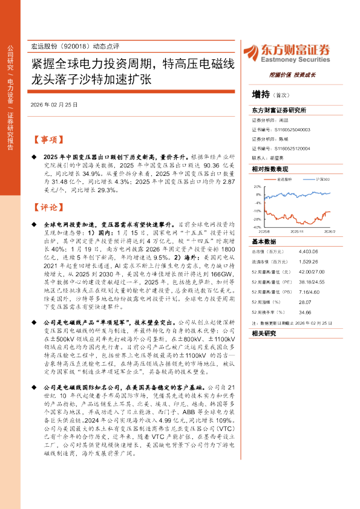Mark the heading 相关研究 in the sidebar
(x=263, y=333)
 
